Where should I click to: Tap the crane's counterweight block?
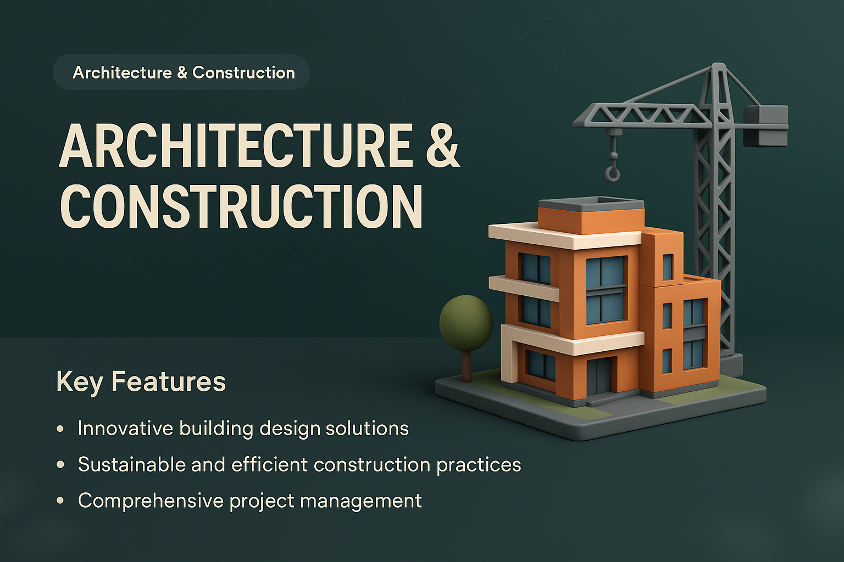coord(766,126)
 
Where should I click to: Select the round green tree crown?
coord(465,323)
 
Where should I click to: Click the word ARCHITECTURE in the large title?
coord(236,146)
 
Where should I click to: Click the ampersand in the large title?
coord(442,146)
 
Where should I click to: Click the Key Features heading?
coord(141,381)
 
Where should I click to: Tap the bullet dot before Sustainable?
coord(60,465)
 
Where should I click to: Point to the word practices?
coord(478,465)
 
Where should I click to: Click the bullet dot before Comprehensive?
coord(60,501)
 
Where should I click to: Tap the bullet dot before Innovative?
coord(60,429)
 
